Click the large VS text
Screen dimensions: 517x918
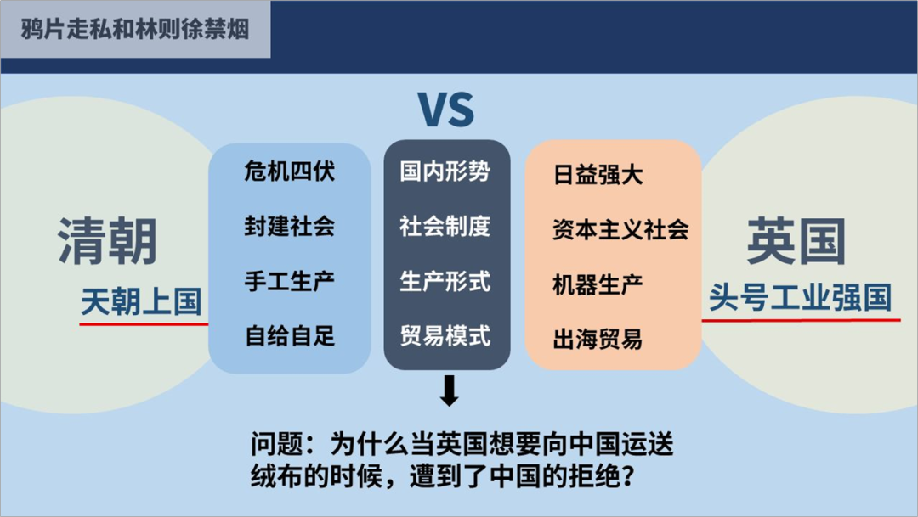pos(446,109)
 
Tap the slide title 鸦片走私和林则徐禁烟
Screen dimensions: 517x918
pos(135,29)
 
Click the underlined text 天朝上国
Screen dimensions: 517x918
pos(141,302)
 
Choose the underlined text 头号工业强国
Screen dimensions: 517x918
pos(800,298)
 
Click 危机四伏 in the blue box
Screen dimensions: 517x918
pos(289,171)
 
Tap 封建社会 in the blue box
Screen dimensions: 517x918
pos(289,227)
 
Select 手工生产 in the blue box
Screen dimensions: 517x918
pos(289,281)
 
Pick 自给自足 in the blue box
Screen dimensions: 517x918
pos(289,336)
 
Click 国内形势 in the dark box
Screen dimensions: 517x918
pos(445,171)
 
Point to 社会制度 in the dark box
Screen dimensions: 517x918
pos(445,227)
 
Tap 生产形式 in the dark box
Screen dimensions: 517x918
pos(445,281)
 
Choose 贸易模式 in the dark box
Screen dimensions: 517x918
pos(445,335)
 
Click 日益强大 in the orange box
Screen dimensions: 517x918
pos(598,176)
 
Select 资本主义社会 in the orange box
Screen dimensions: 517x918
pos(620,229)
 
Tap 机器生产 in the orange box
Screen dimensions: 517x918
pos(598,284)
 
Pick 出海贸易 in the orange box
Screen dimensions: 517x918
pos(598,339)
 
